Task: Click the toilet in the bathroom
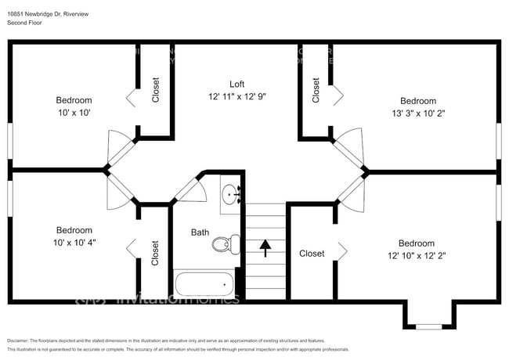222,243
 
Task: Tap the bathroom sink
229,195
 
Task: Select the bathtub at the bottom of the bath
203,284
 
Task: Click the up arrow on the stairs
265,248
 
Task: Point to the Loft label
237,85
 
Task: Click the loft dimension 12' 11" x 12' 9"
237,96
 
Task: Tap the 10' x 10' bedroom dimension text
74,113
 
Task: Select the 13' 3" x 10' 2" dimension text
417,113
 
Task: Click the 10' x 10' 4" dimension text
74,243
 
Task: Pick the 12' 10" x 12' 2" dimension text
417,255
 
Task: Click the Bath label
200,232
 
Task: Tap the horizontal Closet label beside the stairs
312,254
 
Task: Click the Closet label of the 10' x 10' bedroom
155,91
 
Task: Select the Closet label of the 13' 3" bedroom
316,90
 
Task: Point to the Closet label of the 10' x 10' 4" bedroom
155,253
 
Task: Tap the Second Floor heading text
25,23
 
